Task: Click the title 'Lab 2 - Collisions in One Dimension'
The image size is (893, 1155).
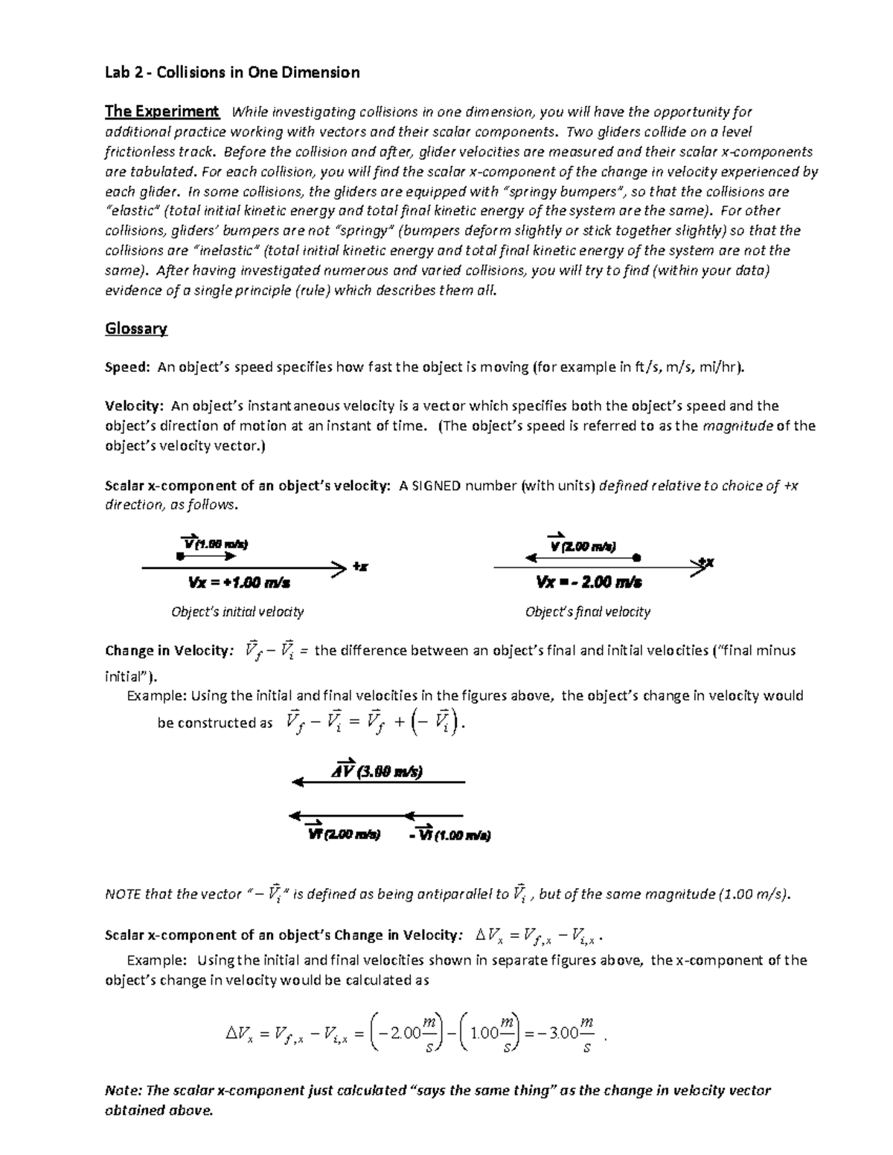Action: click(232, 72)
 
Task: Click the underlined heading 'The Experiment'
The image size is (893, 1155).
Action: click(161, 112)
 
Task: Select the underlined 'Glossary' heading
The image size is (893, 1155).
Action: click(136, 328)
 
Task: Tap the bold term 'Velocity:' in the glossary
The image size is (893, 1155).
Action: click(134, 406)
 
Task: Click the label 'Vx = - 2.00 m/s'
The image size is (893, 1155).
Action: click(589, 582)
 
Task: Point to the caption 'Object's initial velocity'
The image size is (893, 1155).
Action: click(237, 612)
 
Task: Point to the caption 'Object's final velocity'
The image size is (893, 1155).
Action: click(587, 612)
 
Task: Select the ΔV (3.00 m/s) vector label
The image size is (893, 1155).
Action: click(377, 771)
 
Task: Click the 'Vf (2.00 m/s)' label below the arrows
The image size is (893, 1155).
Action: click(344, 834)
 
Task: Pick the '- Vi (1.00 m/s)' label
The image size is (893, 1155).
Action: click(449, 834)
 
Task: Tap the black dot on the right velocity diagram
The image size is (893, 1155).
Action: click(637, 557)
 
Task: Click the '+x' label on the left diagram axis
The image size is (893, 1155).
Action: click(360, 567)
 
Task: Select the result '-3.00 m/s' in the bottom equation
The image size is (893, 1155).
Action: click(566, 1034)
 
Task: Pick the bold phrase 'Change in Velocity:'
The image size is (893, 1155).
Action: click(168, 651)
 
